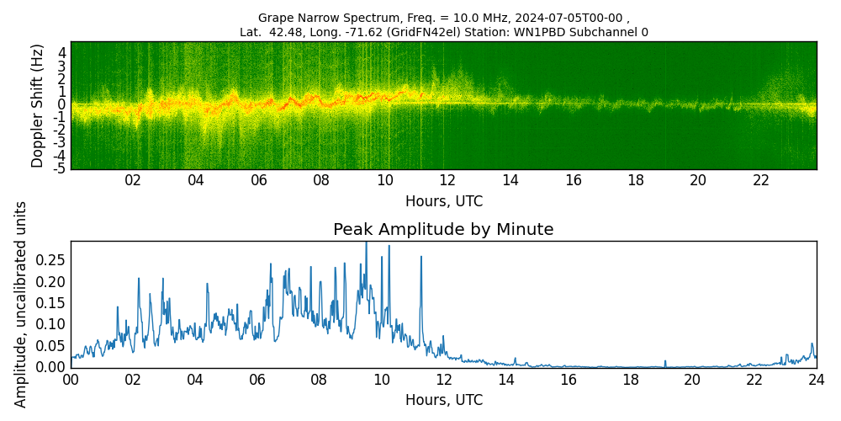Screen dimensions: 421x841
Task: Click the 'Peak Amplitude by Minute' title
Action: [x=443, y=230]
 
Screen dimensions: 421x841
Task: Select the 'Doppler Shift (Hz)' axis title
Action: [x=38, y=105]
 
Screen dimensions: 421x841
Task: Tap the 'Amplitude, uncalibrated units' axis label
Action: [x=21, y=304]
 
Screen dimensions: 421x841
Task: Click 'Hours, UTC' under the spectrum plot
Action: [x=443, y=202]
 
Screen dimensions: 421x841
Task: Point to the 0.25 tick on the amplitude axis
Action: [x=50, y=260]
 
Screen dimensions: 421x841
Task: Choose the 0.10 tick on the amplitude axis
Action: [x=50, y=324]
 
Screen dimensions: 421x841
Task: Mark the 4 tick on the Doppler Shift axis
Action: [x=62, y=52]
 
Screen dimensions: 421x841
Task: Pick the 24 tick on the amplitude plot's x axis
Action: [x=816, y=380]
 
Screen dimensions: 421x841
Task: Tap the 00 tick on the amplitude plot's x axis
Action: [x=71, y=380]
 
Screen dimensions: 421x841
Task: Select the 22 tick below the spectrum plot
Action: [x=761, y=180]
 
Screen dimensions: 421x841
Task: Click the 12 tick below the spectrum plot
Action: [x=447, y=180]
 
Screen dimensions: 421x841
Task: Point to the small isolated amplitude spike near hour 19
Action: [x=664, y=362]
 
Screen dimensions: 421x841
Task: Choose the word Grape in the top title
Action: [x=275, y=18]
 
